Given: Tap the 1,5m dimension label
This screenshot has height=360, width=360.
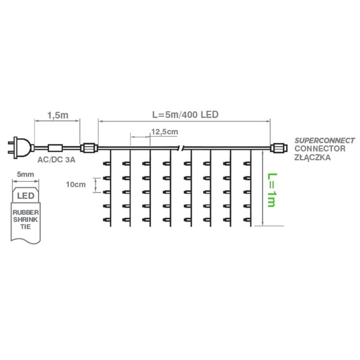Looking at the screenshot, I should (57, 115).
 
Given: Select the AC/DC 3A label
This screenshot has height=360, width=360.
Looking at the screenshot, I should (55, 160).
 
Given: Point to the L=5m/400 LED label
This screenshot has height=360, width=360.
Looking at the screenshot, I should (185, 115).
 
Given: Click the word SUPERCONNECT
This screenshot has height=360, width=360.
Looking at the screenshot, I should (324, 140).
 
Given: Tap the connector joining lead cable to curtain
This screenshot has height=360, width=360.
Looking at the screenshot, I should (88, 147).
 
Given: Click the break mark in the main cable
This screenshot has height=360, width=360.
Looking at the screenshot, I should (181, 147).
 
